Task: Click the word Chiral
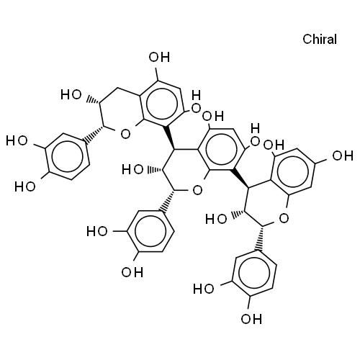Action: [320, 39]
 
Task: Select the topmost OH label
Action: [159, 57]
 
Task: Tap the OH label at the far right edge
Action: [343, 156]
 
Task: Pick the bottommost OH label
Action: [251, 319]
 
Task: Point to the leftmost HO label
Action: [17, 140]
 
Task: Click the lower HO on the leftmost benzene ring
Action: [25, 186]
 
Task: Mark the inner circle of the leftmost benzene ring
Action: [68, 156]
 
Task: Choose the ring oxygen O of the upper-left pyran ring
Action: [125, 134]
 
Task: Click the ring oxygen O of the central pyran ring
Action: [197, 190]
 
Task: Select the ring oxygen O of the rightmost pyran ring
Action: [284, 218]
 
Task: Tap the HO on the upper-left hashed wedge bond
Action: [71, 94]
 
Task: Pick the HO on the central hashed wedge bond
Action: [132, 170]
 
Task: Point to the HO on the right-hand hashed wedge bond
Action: [216, 219]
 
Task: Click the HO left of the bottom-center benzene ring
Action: [97, 231]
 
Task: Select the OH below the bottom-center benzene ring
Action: [132, 272]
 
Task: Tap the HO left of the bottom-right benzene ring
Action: [204, 289]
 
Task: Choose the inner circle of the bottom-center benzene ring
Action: [150, 231]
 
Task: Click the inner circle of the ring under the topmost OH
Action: [162, 103]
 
